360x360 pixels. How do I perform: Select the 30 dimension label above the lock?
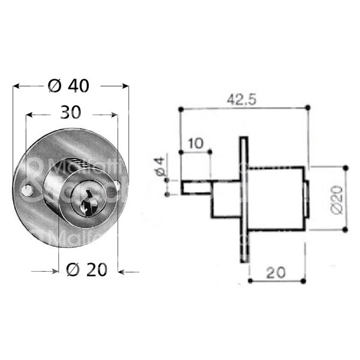point(71,114)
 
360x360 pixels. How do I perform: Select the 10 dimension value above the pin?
point(196,143)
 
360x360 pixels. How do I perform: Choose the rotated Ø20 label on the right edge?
point(336,198)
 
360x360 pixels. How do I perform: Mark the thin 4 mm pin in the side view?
point(196,187)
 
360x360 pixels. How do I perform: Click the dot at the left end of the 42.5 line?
point(181,108)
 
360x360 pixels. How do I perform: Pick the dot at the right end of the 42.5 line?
point(307,107)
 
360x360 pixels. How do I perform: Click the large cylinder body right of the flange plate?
point(277,198)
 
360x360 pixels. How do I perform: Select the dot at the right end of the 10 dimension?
point(211,152)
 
